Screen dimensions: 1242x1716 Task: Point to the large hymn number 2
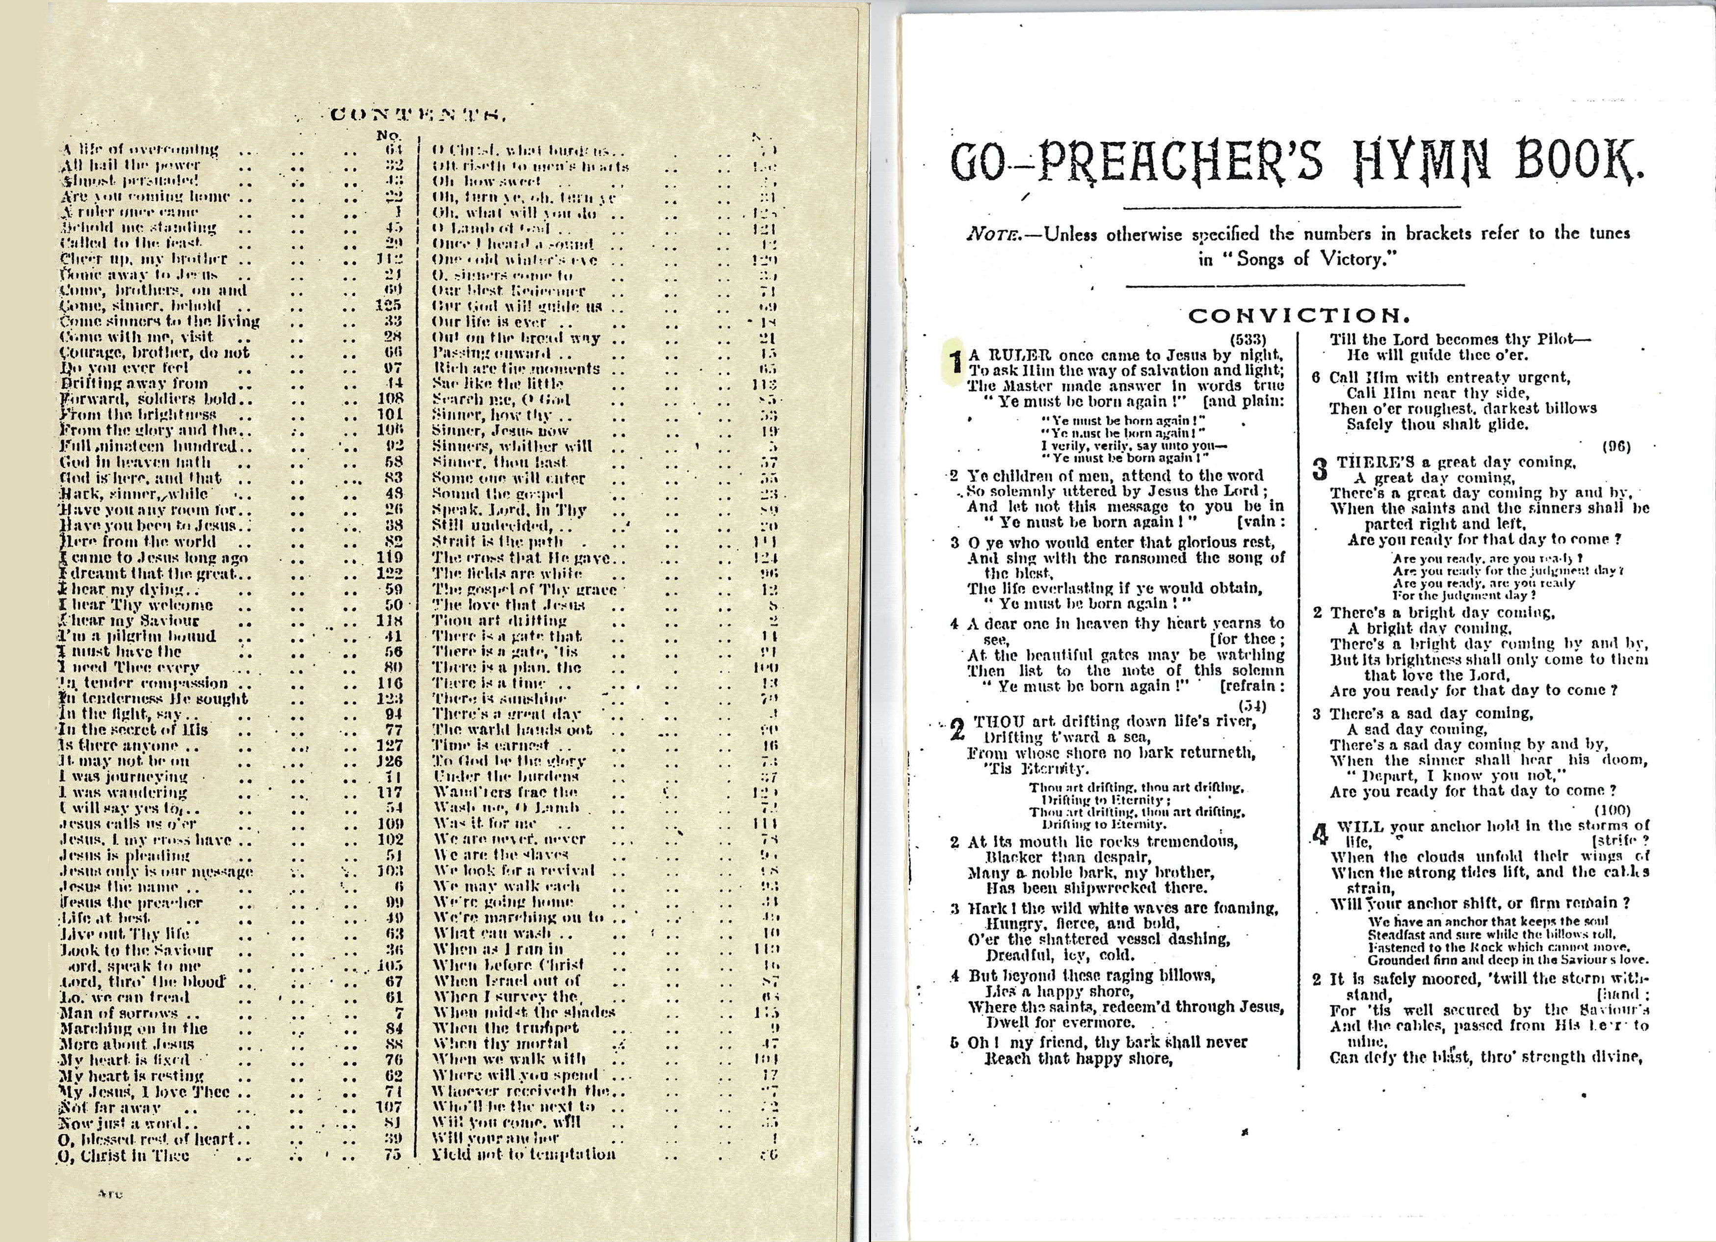pos(957,728)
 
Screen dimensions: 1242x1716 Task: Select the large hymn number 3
pos(1320,470)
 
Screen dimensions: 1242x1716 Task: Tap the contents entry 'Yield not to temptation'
pos(524,1154)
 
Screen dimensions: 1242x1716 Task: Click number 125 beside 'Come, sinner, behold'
pos(387,306)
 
